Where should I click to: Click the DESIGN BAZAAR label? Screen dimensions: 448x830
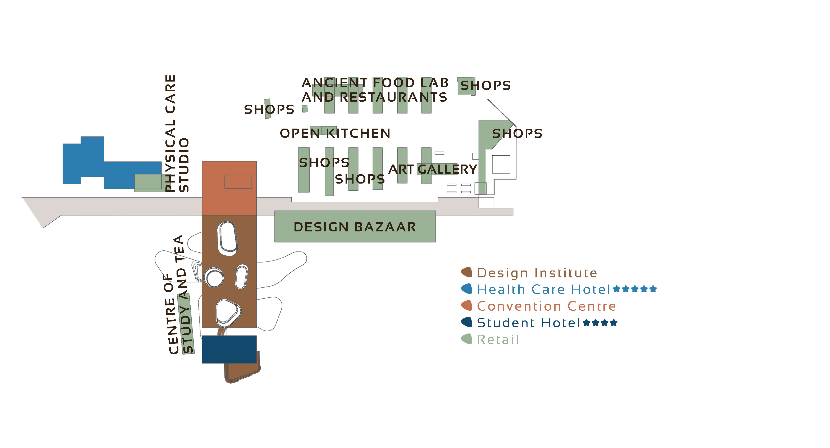[355, 227]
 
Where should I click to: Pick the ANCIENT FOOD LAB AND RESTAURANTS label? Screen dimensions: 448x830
[375, 90]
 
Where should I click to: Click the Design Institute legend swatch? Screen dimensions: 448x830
[466, 272]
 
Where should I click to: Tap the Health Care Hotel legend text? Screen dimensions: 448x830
[544, 289]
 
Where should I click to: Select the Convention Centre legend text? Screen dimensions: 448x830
[546, 306]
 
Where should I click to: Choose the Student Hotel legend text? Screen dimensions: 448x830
[528, 323]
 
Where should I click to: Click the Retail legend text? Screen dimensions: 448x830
[498, 340]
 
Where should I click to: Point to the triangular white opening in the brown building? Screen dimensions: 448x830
[228, 312]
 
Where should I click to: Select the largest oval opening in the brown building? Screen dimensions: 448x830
[228, 238]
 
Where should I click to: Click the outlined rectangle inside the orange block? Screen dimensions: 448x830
[238, 182]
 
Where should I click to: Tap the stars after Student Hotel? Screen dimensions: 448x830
[600, 323]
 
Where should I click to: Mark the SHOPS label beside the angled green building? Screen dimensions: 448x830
[517, 134]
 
